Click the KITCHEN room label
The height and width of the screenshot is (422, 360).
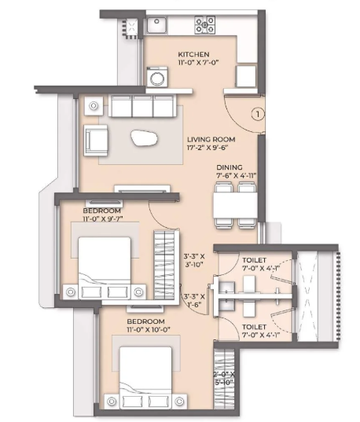[x=193, y=54]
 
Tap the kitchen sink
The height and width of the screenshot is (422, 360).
[x=156, y=25]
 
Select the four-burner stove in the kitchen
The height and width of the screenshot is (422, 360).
[x=205, y=25]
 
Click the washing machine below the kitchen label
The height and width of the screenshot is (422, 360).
[x=157, y=77]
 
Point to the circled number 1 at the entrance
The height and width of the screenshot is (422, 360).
[x=258, y=115]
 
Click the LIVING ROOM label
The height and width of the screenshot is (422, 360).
[x=211, y=139]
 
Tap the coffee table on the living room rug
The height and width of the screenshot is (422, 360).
[x=144, y=138]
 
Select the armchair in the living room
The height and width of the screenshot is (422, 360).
[x=96, y=140]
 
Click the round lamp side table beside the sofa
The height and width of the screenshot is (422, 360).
[x=94, y=106]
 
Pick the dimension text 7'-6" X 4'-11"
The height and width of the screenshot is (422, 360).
[x=236, y=176]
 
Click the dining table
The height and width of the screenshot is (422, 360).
[x=235, y=206]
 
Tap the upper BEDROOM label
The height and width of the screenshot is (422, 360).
[x=101, y=211]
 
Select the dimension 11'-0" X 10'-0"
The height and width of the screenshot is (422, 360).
[x=149, y=330]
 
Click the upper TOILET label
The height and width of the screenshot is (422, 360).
[x=254, y=260]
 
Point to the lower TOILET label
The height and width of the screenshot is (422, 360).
[x=254, y=327]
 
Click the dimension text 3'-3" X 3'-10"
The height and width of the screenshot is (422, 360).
[x=194, y=260]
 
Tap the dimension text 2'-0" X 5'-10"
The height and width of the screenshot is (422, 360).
[x=224, y=379]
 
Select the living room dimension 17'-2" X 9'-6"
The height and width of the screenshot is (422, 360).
[x=208, y=148]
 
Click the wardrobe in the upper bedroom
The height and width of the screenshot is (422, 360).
[x=164, y=265]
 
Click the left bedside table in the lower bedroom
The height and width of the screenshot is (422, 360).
[x=111, y=402]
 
